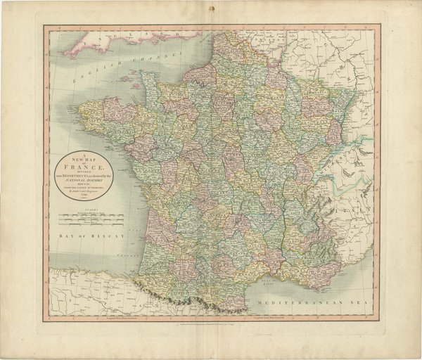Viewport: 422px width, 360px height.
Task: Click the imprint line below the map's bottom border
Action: [x=211, y=323]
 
